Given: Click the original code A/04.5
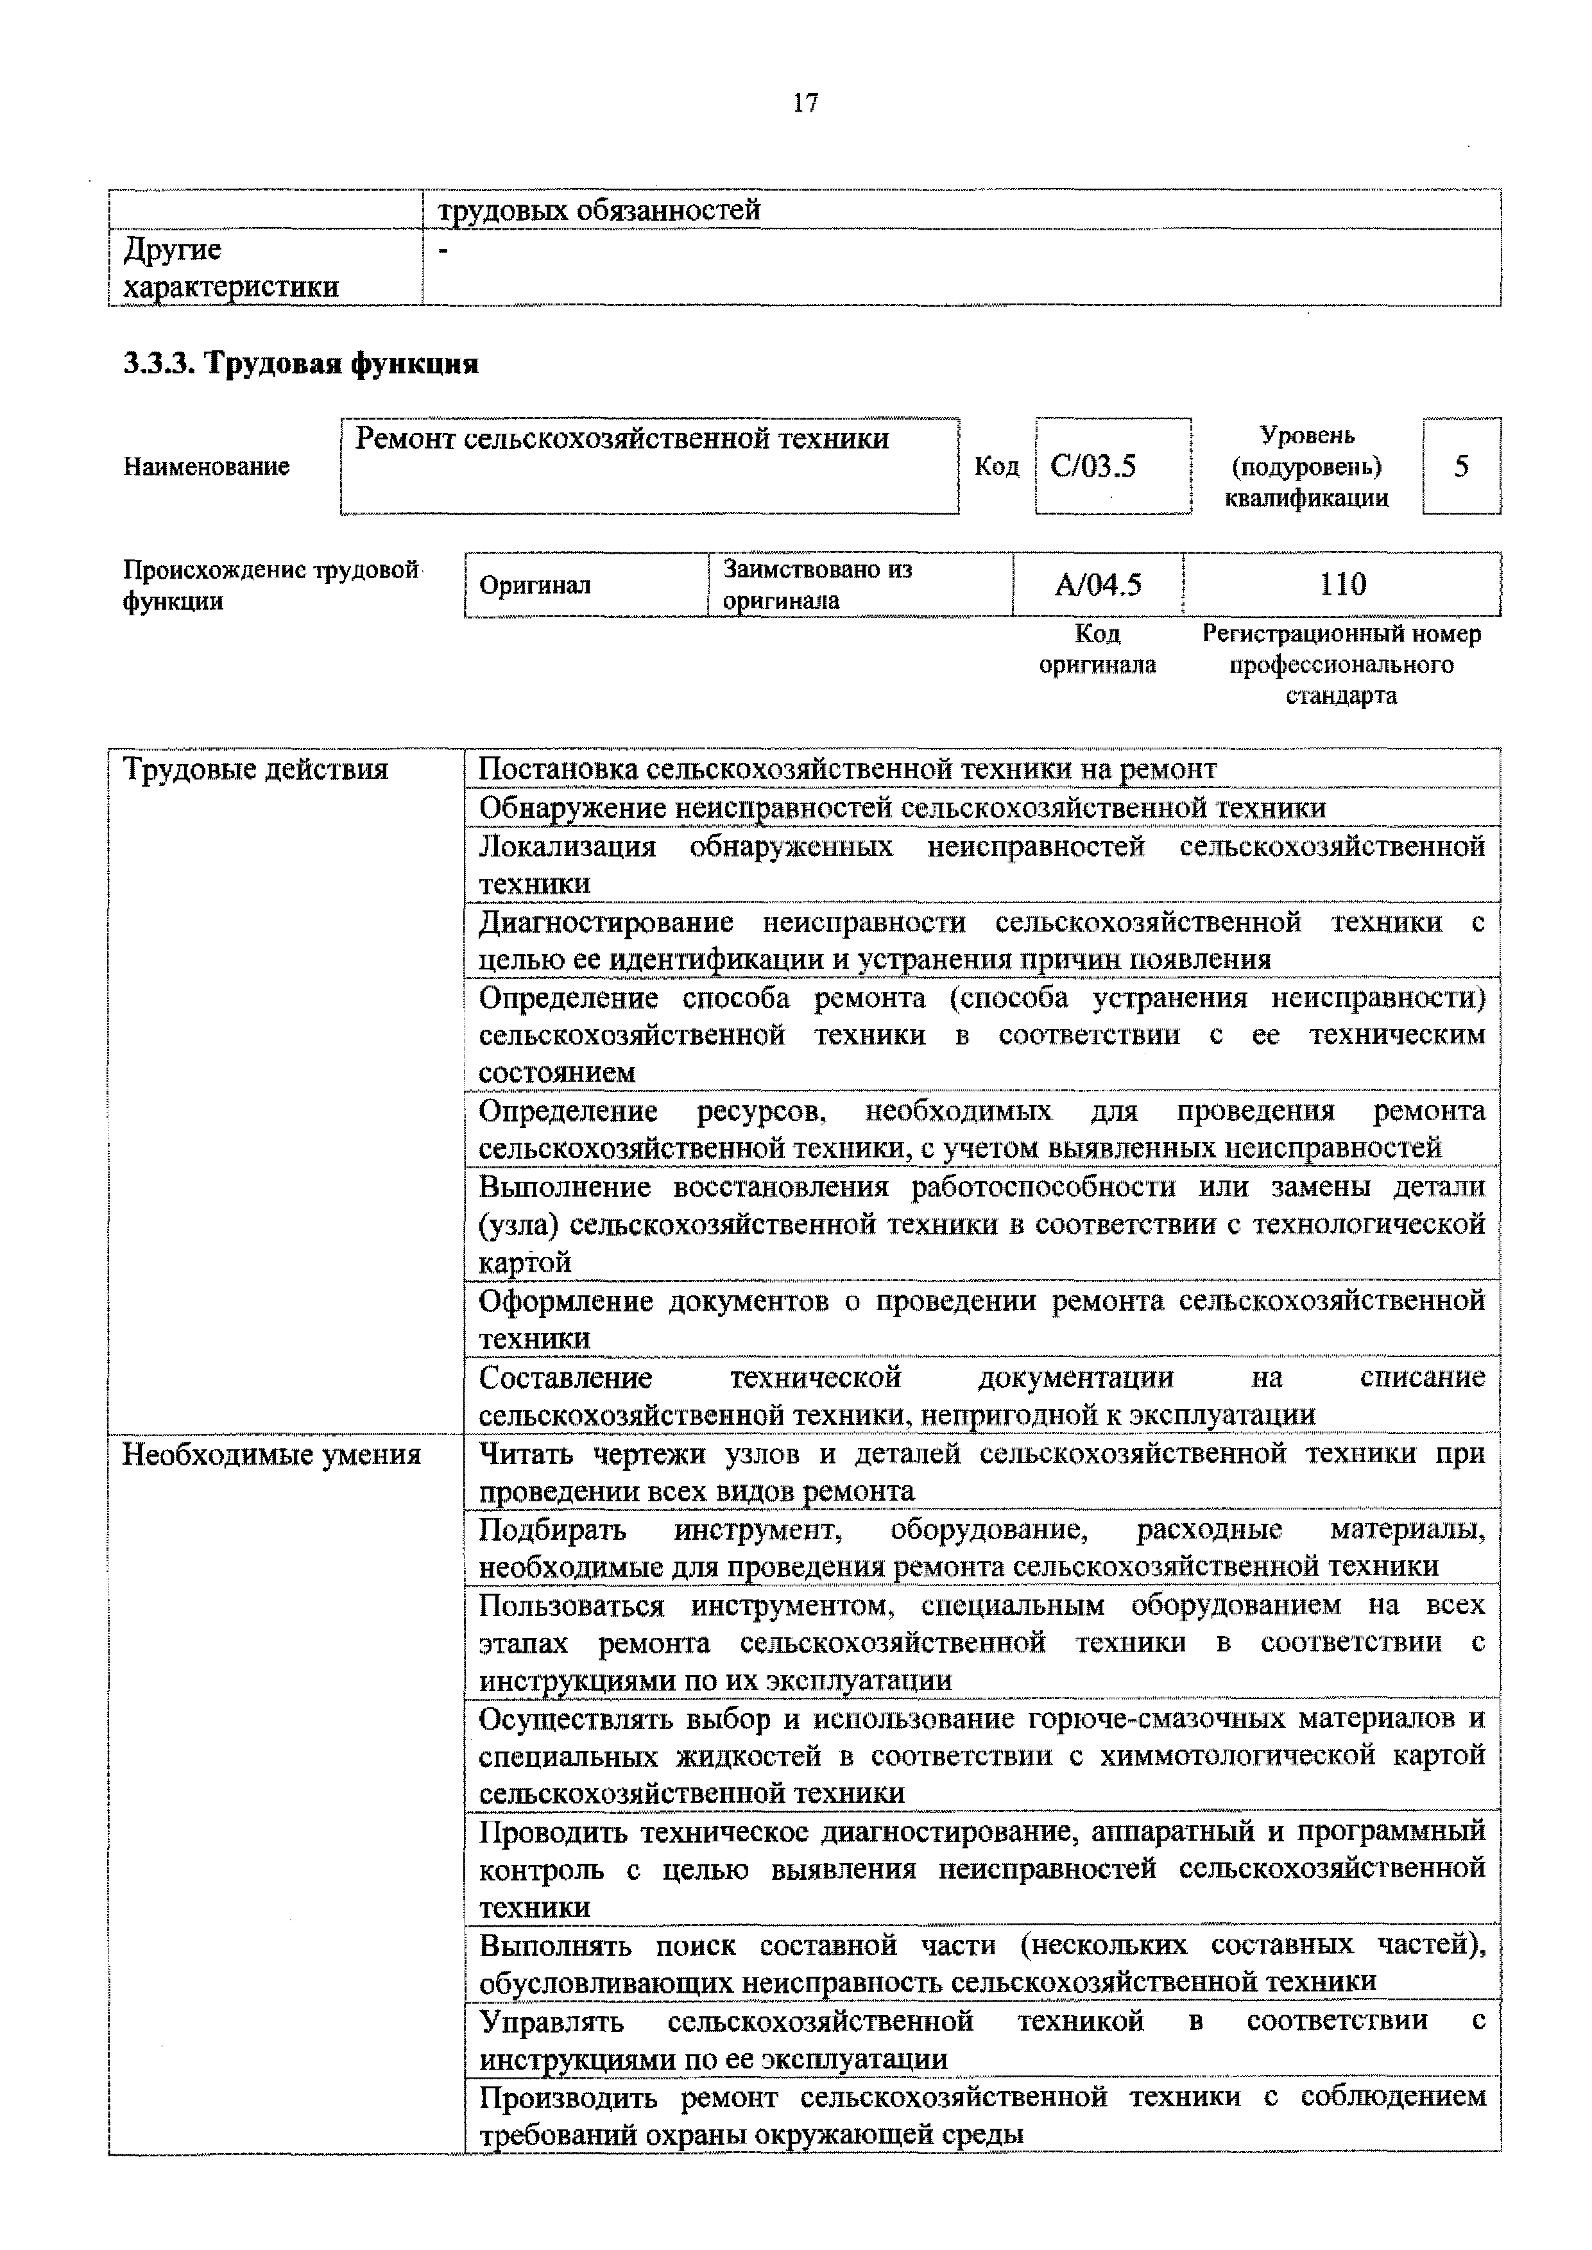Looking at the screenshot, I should click(x=1098, y=585).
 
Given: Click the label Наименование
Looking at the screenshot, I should click(x=206, y=466).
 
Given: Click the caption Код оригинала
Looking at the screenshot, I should click(x=1097, y=650).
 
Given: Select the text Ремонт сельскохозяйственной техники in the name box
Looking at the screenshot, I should click(x=622, y=439).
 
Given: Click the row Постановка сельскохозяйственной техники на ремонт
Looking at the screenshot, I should click(x=847, y=769).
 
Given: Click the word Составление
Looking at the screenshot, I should click(x=565, y=1378).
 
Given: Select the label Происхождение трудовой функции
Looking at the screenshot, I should click(x=271, y=585).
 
